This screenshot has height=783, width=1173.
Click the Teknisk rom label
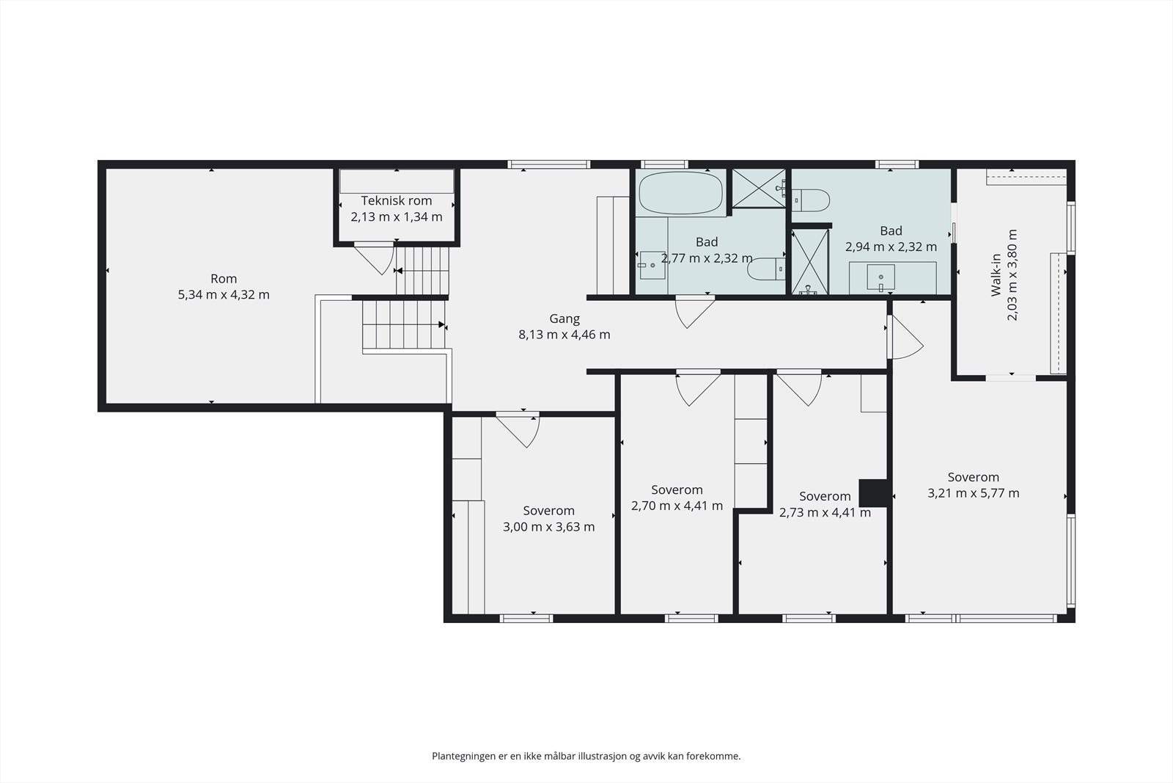[397, 201]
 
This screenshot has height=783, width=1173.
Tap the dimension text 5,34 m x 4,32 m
[224, 294]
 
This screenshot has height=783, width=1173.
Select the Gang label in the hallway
[565, 318]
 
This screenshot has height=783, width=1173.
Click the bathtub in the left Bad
[681, 193]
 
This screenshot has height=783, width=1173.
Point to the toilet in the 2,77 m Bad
[766, 269]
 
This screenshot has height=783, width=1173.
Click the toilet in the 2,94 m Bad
[811, 200]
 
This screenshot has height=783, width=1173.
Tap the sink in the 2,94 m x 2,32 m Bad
[880, 277]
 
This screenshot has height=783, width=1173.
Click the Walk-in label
[996, 275]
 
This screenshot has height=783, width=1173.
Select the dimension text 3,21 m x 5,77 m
[974, 493]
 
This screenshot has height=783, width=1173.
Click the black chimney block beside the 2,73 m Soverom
[873, 493]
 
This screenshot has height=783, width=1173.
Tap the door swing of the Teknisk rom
[375, 258]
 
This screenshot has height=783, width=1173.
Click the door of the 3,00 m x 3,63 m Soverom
[518, 430]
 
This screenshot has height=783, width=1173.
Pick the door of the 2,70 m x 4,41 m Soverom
[698, 388]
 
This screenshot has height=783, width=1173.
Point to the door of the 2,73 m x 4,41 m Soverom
[799, 388]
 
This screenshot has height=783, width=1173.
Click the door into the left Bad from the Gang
[695, 313]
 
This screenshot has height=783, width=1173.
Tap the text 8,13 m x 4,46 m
[565, 335]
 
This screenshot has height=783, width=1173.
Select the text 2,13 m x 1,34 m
[397, 216]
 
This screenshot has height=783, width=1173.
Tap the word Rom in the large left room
[224, 279]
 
